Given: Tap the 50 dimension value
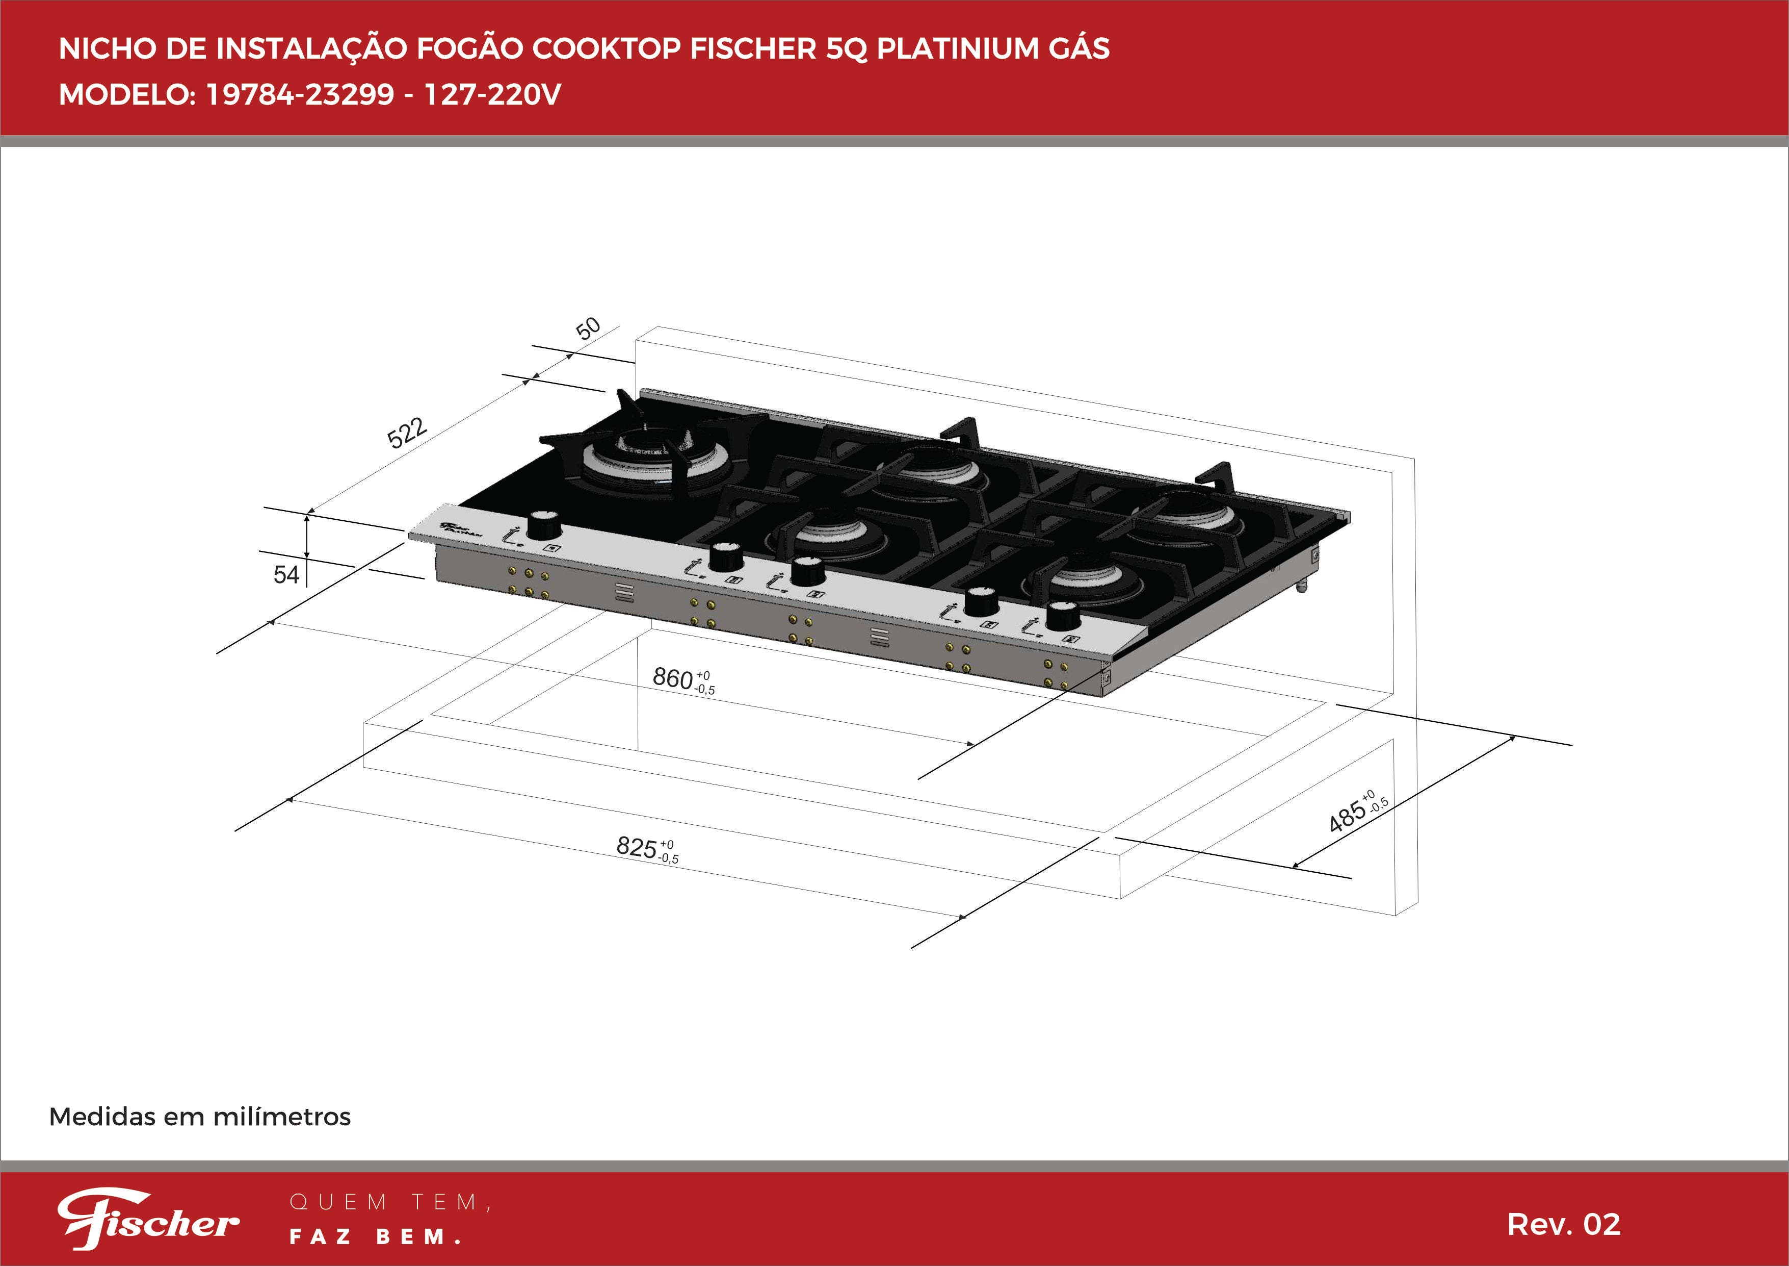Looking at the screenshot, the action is tap(588, 328).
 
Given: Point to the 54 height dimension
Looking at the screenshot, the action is tap(286, 574).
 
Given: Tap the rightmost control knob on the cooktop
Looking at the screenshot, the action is tap(1063, 616).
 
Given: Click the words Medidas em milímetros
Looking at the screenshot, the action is tap(199, 1117).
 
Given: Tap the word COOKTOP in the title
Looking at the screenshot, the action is tap(606, 48).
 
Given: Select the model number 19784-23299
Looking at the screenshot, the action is tap(300, 94).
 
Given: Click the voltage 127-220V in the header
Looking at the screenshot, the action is tap(492, 94).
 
